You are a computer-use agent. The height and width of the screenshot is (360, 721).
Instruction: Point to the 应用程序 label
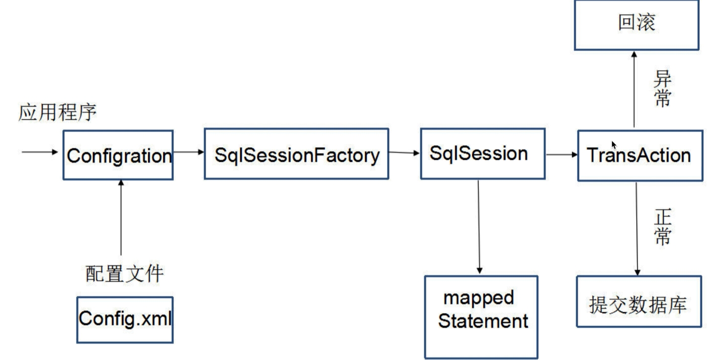tap(57, 113)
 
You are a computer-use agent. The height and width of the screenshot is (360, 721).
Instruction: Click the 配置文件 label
tap(125, 274)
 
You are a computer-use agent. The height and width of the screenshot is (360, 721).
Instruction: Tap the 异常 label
tap(662, 88)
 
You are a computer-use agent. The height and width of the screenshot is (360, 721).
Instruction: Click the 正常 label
tap(663, 227)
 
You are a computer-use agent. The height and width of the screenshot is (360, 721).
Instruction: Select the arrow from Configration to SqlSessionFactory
tap(189, 152)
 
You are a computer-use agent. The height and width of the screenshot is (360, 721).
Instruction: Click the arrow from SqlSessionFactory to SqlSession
tap(405, 153)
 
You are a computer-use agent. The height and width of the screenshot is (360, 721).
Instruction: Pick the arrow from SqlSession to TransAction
tap(562, 154)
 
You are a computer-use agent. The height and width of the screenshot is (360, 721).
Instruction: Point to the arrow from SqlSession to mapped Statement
tap(479, 227)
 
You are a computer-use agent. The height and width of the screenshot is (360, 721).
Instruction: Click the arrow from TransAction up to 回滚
tap(634, 89)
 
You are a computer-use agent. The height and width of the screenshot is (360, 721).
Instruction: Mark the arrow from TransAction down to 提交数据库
tap(637, 229)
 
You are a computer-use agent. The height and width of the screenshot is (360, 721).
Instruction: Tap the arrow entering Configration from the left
tap(40, 152)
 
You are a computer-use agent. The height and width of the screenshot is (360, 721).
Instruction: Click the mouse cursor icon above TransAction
tap(614, 145)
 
